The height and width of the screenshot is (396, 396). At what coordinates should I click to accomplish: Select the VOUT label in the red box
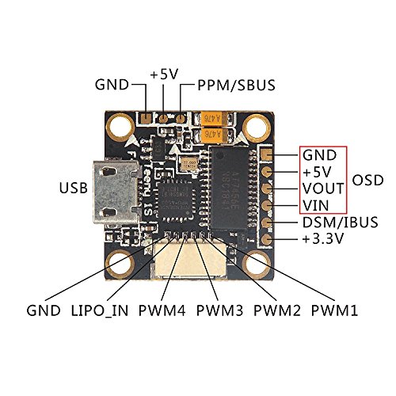coord(322,188)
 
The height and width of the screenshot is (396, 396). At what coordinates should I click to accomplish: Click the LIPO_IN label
coord(105,307)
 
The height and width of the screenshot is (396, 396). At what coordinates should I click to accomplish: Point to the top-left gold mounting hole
coord(121,124)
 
